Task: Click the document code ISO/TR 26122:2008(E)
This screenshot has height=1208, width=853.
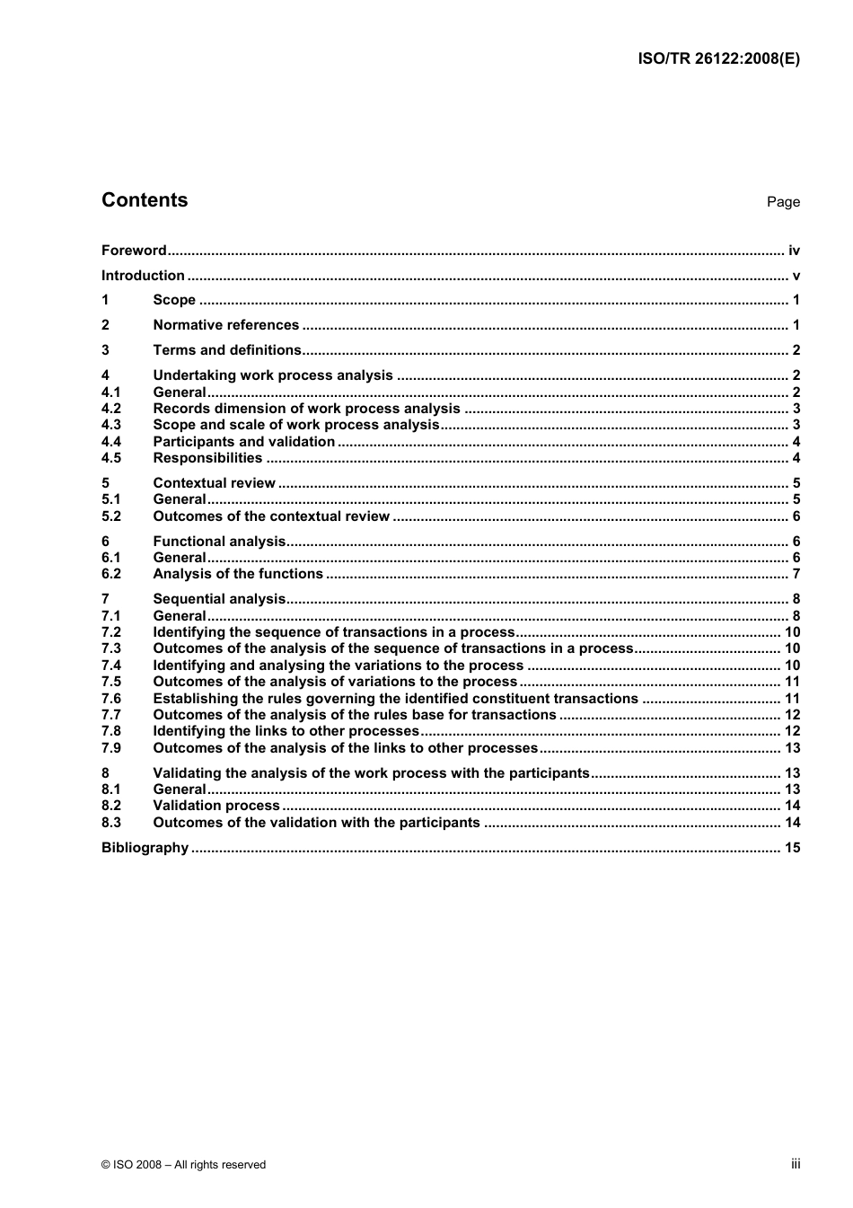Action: (718, 59)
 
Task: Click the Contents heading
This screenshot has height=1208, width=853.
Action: (145, 200)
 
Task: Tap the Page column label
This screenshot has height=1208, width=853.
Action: (782, 202)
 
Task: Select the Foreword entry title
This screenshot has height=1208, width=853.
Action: (134, 251)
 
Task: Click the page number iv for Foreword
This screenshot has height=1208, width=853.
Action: (794, 251)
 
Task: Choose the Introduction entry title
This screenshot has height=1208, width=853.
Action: (143, 276)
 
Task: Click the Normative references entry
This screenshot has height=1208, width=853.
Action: (226, 325)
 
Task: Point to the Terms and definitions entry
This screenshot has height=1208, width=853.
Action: (227, 350)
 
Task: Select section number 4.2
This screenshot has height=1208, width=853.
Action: (110, 409)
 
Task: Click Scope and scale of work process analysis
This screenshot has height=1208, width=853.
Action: (296, 425)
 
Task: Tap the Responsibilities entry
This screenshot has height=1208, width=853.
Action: (207, 458)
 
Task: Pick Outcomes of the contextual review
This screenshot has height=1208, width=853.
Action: (271, 516)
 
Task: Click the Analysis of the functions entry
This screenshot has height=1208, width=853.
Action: (238, 574)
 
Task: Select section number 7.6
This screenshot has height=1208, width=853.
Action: (110, 699)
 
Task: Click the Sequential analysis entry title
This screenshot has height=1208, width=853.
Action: (219, 599)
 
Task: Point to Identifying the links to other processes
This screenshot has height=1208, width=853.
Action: (286, 731)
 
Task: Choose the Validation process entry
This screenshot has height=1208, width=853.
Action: (216, 806)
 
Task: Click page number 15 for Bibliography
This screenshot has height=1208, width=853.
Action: (792, 848)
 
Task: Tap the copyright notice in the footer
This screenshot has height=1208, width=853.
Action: (183, 1165)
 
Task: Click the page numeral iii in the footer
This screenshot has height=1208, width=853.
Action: (796, 1164)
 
